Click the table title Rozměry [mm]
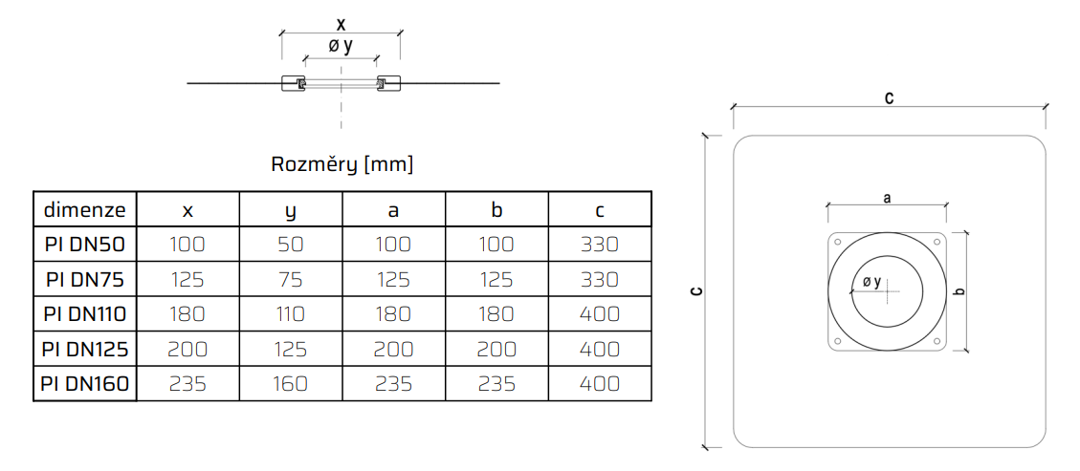(342, 164)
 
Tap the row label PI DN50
(84, 244)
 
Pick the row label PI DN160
(84, 384)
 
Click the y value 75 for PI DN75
(291, 279)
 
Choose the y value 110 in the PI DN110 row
(291, 314)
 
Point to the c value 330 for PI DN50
(600, 244)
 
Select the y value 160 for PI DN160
(291, 384)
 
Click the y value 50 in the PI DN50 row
(291, 244)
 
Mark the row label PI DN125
(84, 350)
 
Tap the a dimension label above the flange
(887, 198)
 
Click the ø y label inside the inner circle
(871, 283)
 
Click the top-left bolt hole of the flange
(839, 241)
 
